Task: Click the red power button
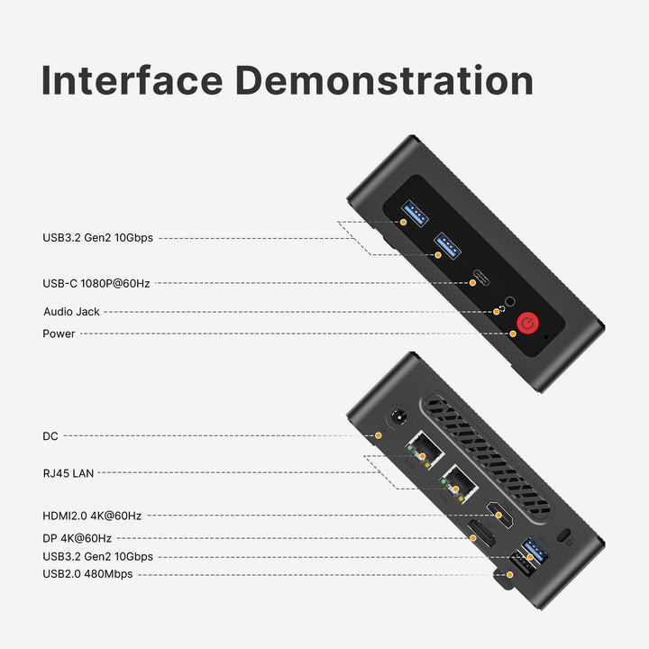[527, 323]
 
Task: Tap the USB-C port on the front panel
[481, 278]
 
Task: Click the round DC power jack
[399, 418]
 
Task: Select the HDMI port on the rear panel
[500, 514]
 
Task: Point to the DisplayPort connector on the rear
[481, 533]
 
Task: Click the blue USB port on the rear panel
[535, 550]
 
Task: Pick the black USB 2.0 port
[522, 563]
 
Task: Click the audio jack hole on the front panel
[510, 302]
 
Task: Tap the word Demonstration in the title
[384, 80]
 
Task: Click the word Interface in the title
[132, 80]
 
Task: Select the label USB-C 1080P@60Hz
[96, 284]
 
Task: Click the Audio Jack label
[71, 312]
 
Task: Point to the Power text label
[59, 334]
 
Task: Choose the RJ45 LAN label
[69, 473]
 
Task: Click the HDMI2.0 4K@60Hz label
[92, 516]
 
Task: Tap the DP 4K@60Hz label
[77, 538]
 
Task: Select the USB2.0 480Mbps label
[87, 574]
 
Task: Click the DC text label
[50, 436]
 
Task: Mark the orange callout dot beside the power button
[513, 334]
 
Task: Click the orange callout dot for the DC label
[378, 435]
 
